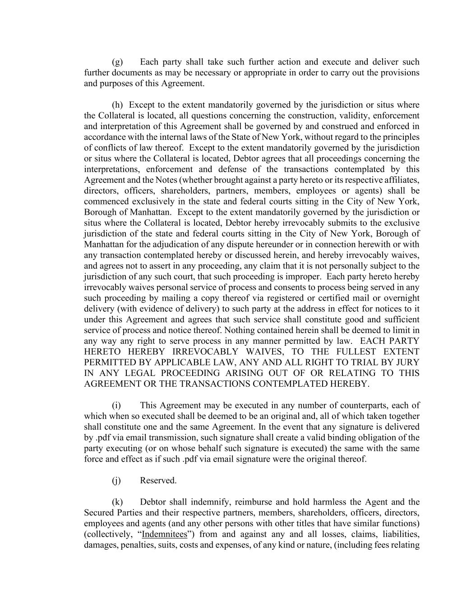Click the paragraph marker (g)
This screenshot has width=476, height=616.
click(x=117, y=62)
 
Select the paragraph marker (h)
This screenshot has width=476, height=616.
click(x=117, y=105)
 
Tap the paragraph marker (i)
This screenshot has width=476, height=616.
click(x=116, y=405)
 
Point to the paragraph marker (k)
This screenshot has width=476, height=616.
click(x=117, y=502)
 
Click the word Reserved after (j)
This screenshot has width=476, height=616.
click(x=158, y=481)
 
